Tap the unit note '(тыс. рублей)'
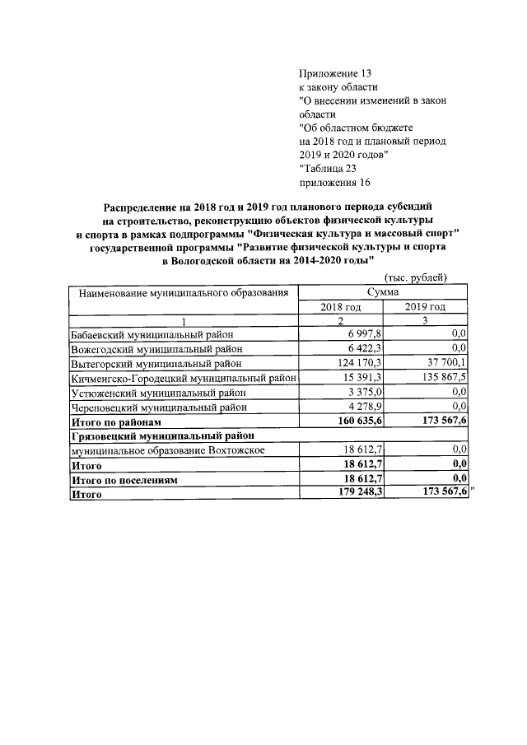point(417,277)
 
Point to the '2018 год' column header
point(340,306)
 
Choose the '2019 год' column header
point(426,306)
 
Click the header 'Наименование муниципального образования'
point(183,292)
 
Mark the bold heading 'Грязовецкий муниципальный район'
point(162,435)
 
